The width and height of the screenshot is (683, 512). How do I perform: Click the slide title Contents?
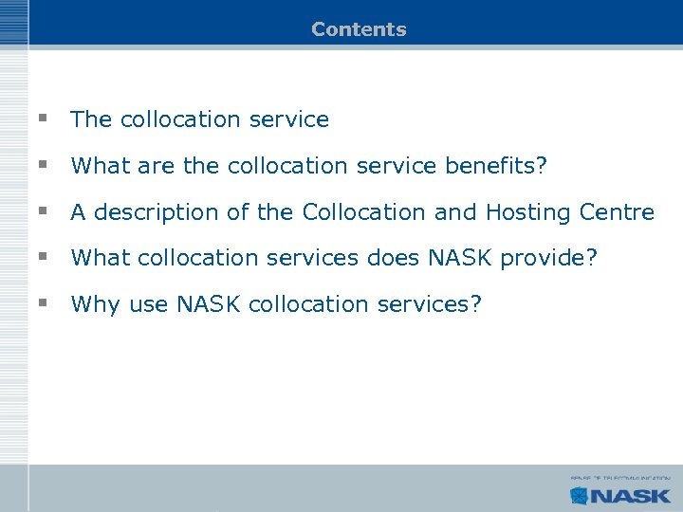pos(359,29)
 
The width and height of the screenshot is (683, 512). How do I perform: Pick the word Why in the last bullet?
pos(91,304)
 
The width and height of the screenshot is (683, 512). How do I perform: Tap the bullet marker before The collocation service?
pos(43,119)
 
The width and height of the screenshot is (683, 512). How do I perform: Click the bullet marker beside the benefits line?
pos(43,165)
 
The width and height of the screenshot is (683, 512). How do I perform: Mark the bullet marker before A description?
pos(43,211)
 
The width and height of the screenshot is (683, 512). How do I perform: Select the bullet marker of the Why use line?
pos(43,303)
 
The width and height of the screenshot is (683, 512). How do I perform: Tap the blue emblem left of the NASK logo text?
pos(580,494)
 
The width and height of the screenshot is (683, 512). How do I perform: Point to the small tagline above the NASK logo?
pos(620,479)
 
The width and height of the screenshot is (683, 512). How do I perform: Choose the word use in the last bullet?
pos(143,304)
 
